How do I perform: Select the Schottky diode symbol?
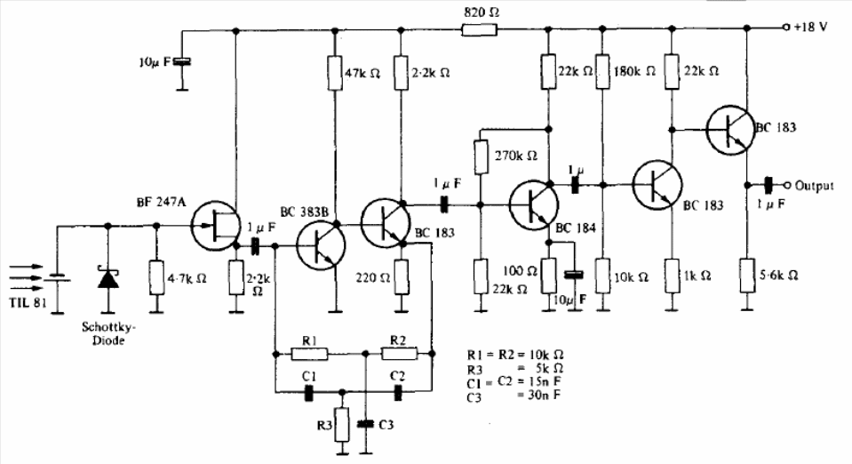108,277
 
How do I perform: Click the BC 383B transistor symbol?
319,245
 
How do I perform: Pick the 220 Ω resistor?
401,276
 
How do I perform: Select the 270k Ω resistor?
481,156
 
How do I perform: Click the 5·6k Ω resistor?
747,276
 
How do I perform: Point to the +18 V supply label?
809,27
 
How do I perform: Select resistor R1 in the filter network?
310,354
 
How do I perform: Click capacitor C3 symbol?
363,425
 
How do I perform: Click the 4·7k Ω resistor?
156,276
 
